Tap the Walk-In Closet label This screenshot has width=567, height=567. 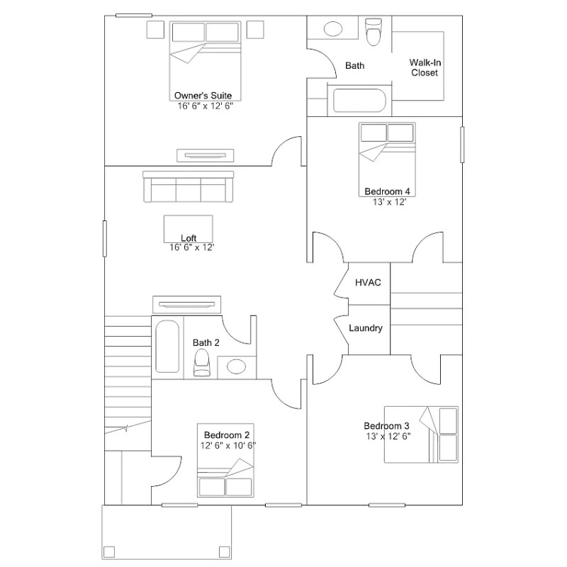click(425, 67)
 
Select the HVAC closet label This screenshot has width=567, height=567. click(368, 283)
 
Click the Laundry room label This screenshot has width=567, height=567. click(366, 328)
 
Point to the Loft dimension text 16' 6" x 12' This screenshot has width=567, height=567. click(191, 247)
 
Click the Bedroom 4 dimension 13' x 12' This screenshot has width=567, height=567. click(389, 201)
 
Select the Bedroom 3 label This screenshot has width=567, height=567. click(386, 425)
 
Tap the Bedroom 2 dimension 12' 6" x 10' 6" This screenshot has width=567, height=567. click(228, 446)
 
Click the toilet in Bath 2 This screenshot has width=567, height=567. click(203, 361)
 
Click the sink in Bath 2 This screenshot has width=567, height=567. click(236, 367)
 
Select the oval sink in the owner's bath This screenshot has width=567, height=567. click(332, 30)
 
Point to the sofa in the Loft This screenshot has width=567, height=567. click(189, 187)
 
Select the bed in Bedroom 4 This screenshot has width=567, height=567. click(386, 156)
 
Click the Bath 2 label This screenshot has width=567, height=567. click(206, 342)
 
